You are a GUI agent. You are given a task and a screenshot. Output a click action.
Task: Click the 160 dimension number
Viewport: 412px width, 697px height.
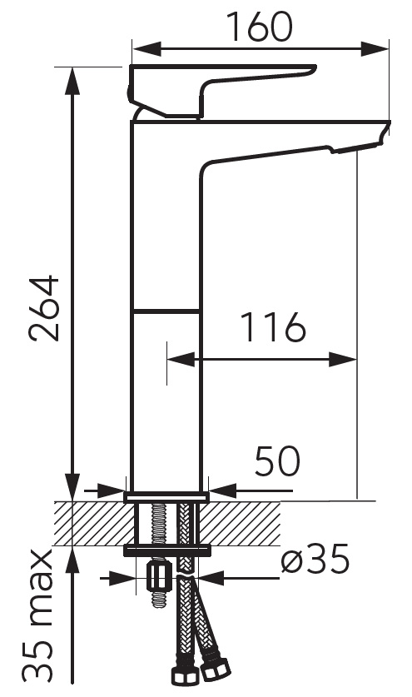click(x=260, y=26)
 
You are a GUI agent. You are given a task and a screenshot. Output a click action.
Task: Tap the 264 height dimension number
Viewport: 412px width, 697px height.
click(x=45, y=308)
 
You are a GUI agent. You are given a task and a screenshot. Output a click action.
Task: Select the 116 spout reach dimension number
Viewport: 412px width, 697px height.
click(x=273, y=327)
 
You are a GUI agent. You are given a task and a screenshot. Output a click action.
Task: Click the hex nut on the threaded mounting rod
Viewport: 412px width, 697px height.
click(x=159, y=578)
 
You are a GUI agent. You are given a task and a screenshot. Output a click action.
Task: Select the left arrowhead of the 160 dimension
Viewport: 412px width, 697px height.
click(x=146, y=48)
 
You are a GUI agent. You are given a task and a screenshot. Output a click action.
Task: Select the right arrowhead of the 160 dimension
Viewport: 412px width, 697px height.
click(x=375, y=48)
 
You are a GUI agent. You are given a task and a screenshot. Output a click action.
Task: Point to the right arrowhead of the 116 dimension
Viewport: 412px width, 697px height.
click(x=343, y=359)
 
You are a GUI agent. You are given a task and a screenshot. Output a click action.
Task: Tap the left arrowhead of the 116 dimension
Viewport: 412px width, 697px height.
click(x=181, y=359)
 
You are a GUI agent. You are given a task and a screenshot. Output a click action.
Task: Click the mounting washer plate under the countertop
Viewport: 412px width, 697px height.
click(x=166, y=550)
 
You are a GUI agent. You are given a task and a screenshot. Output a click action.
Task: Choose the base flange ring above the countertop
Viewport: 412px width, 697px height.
click(x=166, y=497)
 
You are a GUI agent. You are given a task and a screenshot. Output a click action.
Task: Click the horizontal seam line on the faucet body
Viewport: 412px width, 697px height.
click(x=166, y=311)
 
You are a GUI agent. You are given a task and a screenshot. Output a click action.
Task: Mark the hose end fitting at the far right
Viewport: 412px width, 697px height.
click(x=216, y=667)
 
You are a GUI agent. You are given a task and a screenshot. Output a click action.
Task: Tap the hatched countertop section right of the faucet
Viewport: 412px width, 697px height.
click(x=240, y=524)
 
